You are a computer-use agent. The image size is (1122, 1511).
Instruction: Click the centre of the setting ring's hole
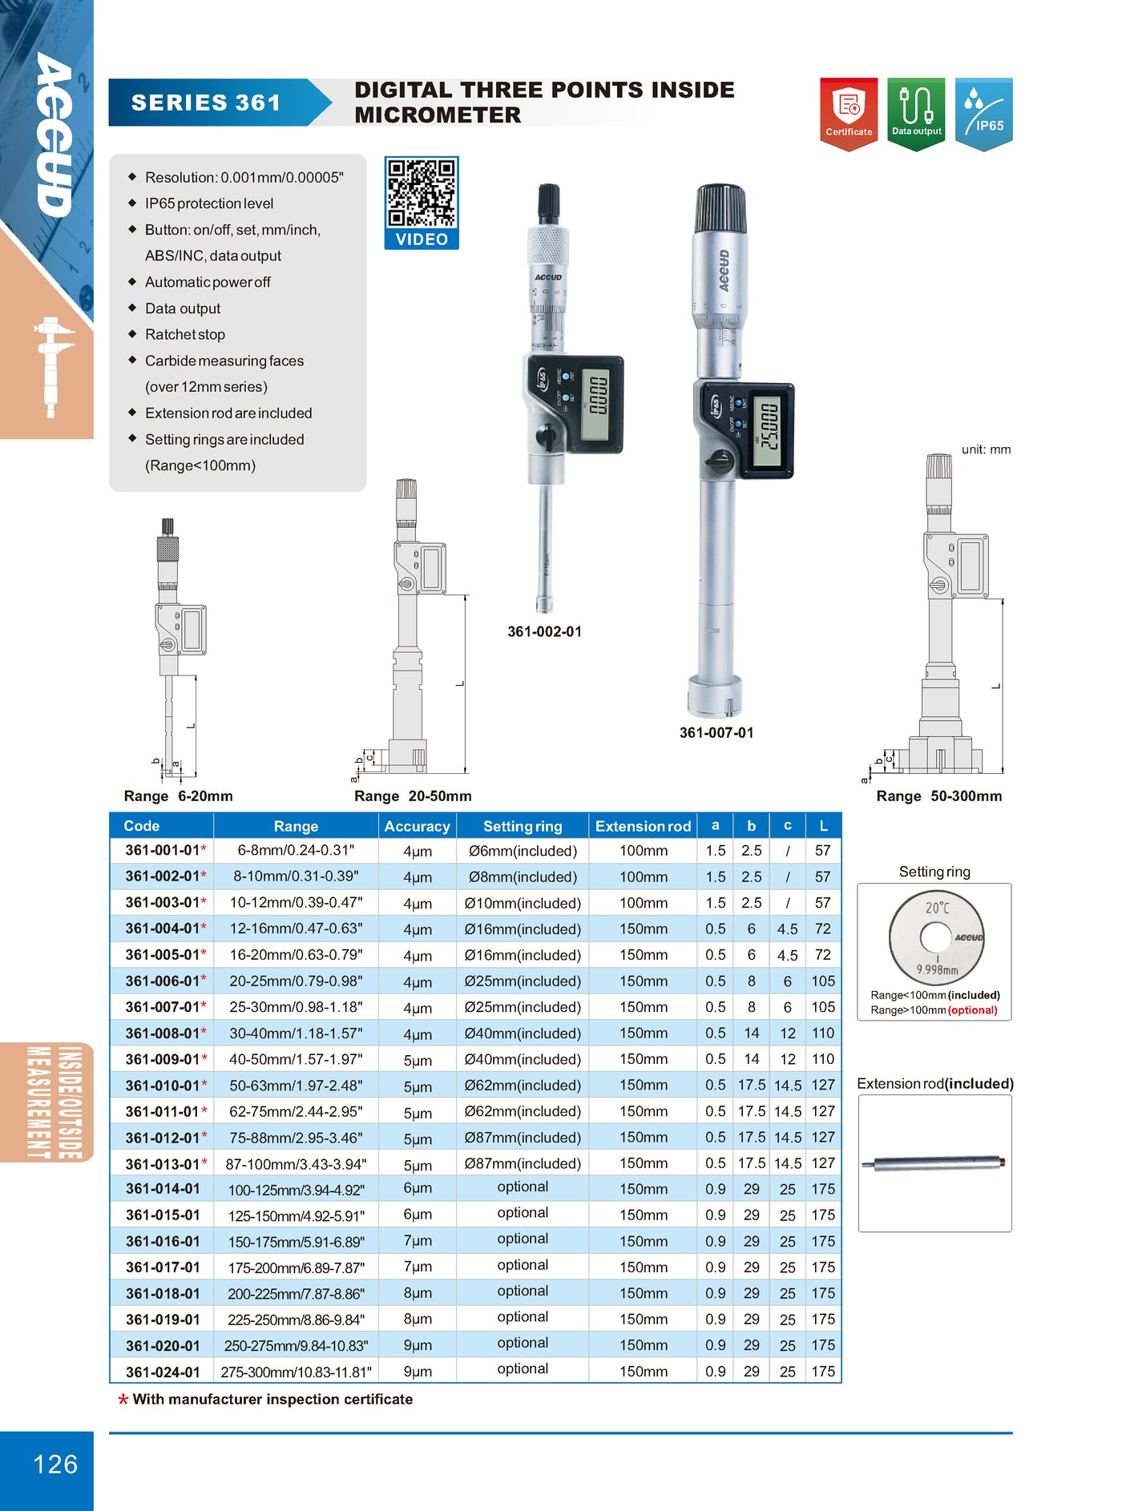point(935,937)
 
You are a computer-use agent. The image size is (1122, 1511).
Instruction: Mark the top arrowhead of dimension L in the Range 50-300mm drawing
point(1002,602)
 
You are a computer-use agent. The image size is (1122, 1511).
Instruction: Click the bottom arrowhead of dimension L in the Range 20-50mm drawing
point(465,769)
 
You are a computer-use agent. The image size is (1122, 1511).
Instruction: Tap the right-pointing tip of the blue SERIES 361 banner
point(331,103)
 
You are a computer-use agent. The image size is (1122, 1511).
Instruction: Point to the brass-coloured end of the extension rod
point(1002,1161)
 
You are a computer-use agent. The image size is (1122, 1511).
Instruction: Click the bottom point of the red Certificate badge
point(849,150)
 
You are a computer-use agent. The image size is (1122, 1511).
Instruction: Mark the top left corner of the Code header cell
point(110,813)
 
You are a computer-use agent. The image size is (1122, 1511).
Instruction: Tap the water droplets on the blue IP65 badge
point(974,99)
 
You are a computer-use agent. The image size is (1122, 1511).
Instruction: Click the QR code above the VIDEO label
point(422,193)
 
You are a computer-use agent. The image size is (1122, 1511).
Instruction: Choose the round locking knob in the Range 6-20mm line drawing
point(167,645)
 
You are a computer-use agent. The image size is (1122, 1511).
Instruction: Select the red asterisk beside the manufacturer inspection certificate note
point(123,1400)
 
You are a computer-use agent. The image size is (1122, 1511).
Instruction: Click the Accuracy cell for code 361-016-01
point(418,1241)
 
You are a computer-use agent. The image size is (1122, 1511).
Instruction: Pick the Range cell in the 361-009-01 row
point(296,1059)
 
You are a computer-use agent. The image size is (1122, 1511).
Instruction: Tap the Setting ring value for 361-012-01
point(523,1138)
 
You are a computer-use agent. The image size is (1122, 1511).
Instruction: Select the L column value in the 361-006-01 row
point(823,981)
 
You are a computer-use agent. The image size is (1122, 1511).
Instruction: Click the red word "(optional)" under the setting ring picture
point(973,1010)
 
